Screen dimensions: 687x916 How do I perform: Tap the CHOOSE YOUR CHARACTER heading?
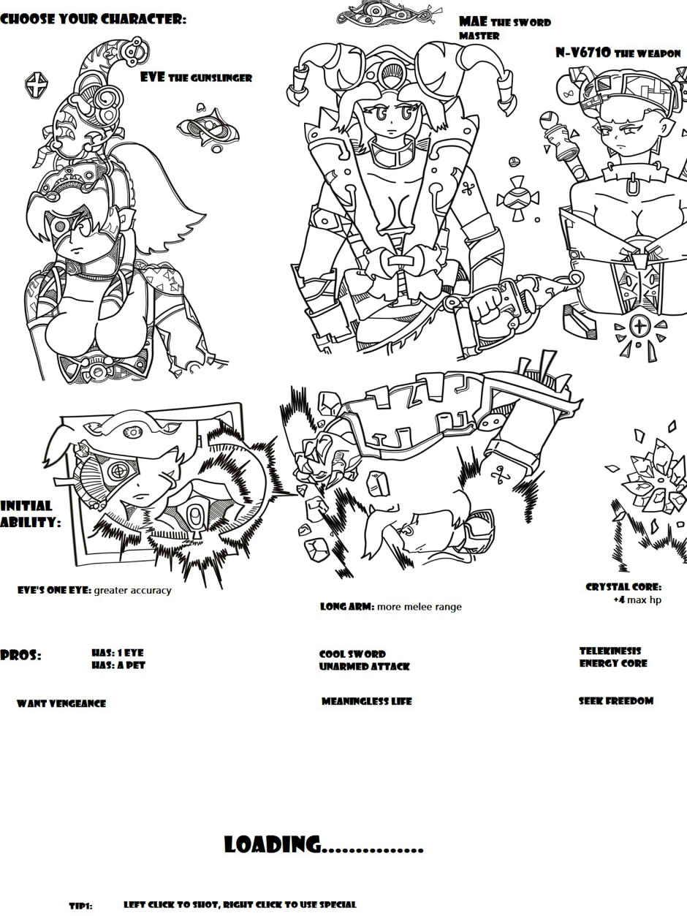pyautogui.click(x=93, y=19)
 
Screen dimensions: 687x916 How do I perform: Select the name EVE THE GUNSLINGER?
pyautogui.click(x=196, y=77)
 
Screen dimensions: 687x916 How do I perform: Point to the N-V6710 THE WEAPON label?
pyautogui.click(x=618, y=53)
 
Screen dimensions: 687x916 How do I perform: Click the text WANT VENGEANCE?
pyautogui.click(x=61, y=703)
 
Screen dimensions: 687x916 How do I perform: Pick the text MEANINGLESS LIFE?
pyautogui.click(x=367, y=702)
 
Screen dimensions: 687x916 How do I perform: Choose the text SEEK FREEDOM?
pyautogui.click(x=616, y=701)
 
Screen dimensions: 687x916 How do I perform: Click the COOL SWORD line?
pyautogui.click(x=352, y=654)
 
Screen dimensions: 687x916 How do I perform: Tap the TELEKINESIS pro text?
pyautogui.click(x=610, y=651)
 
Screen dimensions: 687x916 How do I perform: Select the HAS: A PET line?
pyautogui.click(x=118, y=665)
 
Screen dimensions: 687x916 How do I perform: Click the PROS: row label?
pyautogui.click(x=21, y=655)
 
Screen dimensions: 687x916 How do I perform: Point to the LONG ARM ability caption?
pyautogui.click(x=391, y=607)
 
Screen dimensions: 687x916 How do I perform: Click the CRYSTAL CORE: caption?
pyautogui.click(x=623, y=587)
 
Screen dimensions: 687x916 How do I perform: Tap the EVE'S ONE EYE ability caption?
pyautogui.click(x=94, y=591)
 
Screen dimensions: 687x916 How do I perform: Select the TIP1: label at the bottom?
pyautogui.click(x=81, y=906)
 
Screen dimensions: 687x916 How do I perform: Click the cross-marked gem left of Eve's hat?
pyautogui.click(x=37, y=85)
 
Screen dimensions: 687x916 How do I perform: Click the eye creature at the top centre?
pyautogui.click(x=389, y=13)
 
